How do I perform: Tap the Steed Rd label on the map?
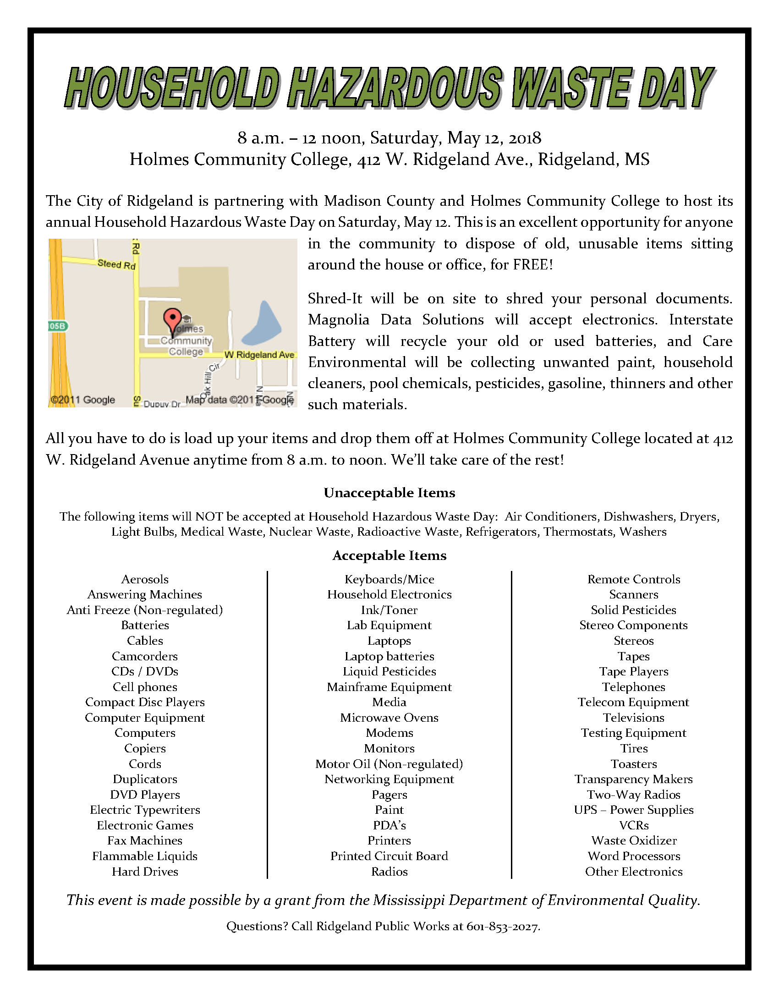coord(116,264)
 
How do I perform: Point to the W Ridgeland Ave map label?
coord(259,355)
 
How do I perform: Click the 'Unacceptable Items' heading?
coord(389,493)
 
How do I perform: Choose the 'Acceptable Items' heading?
coord(389,555)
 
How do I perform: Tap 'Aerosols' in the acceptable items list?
coord(145,579)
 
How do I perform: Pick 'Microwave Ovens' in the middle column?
coord(389,718)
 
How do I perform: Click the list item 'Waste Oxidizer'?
coord(634,840)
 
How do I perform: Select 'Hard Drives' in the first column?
coord(145,872)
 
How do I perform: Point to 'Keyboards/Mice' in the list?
coord(389,579)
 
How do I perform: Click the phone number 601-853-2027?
coord(503,926)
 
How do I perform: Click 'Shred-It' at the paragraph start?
coord(335,299)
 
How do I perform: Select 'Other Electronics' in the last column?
coord(634,872)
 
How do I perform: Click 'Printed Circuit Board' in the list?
coord(389,856)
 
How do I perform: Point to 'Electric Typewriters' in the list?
coord(145,810)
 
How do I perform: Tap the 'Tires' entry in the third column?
coord(634,748)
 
